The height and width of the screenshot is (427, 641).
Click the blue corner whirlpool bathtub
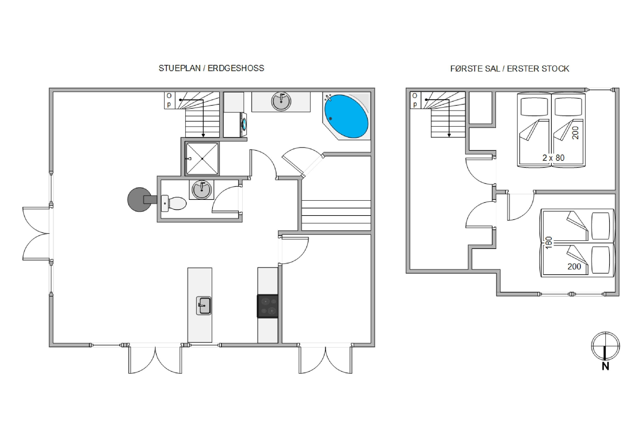pyautogui.click(x=346, y=116)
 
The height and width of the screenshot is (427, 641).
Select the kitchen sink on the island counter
pyautogui.click(x=204, y=306)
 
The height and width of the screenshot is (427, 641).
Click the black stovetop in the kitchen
pyautogui.click(x=268, y=306)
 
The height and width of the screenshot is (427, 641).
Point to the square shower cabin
pyautogui.click(x=202, y=158)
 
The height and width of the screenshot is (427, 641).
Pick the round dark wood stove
pyautogui.click(x=140, y=199)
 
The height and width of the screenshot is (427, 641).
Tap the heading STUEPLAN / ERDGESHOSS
pyautogui.click(x=211, y=68)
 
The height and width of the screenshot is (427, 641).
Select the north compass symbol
pyautogui.click(x=606, y=346)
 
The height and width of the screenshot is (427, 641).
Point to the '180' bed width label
pyautogui.click(x=549, y=242)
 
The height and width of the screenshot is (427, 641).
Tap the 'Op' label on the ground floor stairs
pyautogui.click(x=169, y=100)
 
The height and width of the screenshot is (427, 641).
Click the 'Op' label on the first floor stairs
pyautogui.click(x=415, y=100)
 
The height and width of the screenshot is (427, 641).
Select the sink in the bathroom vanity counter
pyautogui.click(x=281, y=101)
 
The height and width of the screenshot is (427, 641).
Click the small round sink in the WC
pyautogui.click(x=201, y=190)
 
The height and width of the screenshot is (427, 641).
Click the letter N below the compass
pyautogui.click(x=605, y=367)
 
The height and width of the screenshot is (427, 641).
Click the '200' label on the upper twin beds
pyautogui.click(x=575, y=133)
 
